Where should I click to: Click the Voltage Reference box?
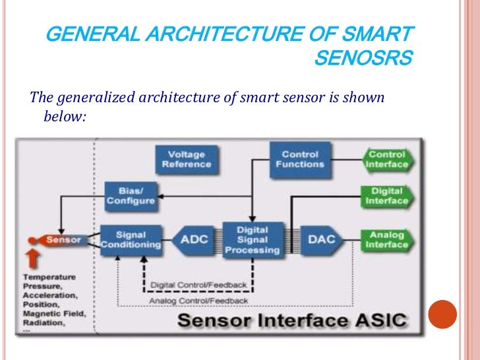point(187,159)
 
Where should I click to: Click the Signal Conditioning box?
point(131,239)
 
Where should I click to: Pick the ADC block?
point(195,240)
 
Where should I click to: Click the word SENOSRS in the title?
point(363,59)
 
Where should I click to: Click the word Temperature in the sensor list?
point(49,278)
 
